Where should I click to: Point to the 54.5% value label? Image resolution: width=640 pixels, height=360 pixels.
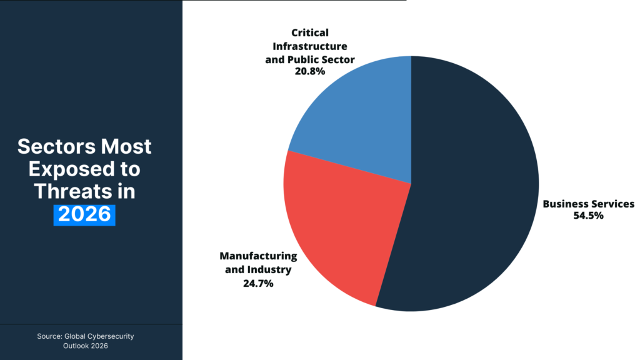(x=588, y=216)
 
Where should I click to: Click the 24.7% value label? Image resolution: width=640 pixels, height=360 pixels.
(x=257, y=283)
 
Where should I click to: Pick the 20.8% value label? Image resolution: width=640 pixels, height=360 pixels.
(x=309, y=71)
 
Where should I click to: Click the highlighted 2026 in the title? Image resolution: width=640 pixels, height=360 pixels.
(x=84, y=214)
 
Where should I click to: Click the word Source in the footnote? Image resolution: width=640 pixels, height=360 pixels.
(x=49, y=336)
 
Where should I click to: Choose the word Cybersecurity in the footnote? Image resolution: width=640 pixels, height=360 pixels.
(x=111, y=336)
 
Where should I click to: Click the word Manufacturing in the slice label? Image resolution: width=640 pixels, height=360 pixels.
(x=258, y=256)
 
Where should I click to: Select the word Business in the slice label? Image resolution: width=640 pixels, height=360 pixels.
(x=564, y=204)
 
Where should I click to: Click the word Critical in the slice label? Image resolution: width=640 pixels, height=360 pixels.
(x=309, y=32)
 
